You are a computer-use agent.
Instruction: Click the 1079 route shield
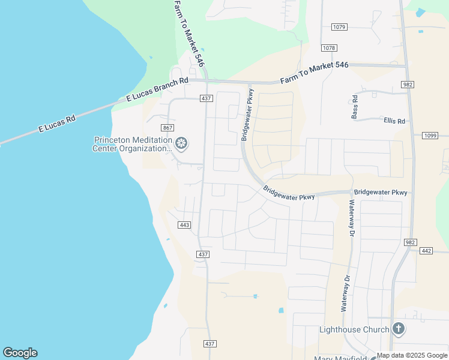[x=339, y=27]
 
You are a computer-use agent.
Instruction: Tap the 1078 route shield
[x=329, y=48]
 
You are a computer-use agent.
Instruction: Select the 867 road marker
[x=167, y=128]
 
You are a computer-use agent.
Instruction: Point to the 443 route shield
[x=184, y=224]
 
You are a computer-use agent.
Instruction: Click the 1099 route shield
[x=430, y=136]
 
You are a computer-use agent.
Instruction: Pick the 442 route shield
[x=427, y=251]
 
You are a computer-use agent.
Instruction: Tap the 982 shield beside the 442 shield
[x=410, y=242]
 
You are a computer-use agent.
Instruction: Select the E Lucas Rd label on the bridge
[x=57, y=124]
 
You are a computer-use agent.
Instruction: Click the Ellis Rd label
[x=394, y=121]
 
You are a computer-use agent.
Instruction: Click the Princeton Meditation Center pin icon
[x=181, y=144]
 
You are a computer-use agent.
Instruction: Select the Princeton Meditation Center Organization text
[x=132, y=145]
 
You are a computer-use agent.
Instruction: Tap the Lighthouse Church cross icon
[x=398, y=329]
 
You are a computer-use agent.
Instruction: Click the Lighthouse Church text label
[x=354, y=329]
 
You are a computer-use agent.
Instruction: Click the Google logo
[x=20, y=353]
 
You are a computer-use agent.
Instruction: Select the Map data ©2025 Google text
[x=412, y=355]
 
